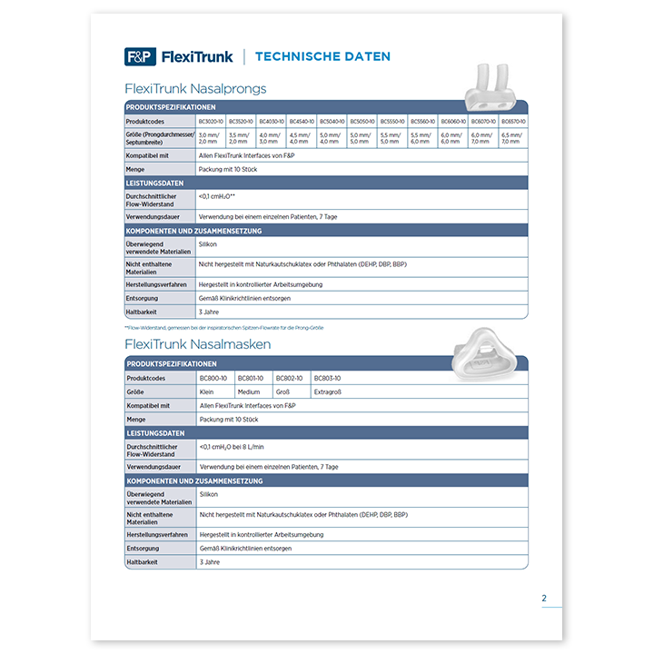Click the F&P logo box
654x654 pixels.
[x=140, y=56]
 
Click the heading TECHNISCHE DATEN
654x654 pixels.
[x=322, y=56]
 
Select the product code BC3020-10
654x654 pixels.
[x=211, y=121]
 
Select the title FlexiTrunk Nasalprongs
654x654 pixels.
[x=195, y=89]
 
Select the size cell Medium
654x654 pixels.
[x=249, y=391]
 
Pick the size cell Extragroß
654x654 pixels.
[x=328, y=391]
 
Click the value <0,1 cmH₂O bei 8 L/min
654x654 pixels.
[x=231, y=447]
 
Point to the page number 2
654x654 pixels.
[x=544, y=598]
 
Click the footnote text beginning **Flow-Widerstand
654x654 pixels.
[x=223, y=327]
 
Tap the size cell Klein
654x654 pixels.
[x=207, y=391]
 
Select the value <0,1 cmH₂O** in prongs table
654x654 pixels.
[x=217, y=196]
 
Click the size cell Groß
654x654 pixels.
[x=284, y=391]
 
